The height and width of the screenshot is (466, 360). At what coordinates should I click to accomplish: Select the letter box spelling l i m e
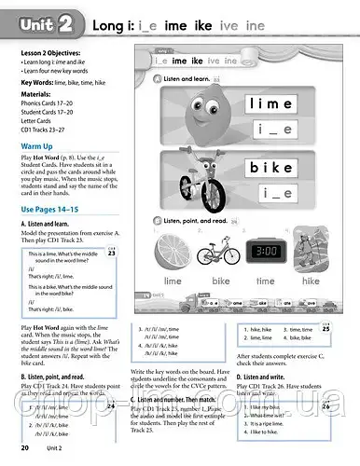click(x=275, y=103)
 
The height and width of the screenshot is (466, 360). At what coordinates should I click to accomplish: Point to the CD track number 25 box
click(x=351, y=327)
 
